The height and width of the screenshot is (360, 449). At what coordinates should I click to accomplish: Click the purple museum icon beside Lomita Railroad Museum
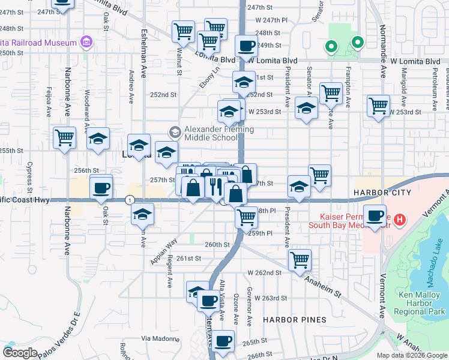(x=86, y=42)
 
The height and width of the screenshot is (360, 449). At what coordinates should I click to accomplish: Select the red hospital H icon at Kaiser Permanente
(x=399, y=220)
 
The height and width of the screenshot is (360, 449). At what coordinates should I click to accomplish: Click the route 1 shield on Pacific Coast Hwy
(x=130, y=199)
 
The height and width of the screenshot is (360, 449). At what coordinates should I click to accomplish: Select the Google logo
(x=20, y=352)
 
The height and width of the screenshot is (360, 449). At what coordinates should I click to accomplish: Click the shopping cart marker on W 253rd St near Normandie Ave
(x=378, y=106)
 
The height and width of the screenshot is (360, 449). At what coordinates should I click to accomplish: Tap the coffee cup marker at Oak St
(x=101, y=188)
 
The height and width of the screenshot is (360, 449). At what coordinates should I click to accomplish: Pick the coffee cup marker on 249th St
(x=246, y=46)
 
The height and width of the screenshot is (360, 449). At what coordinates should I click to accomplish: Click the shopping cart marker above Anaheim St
(x=300, y=260)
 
